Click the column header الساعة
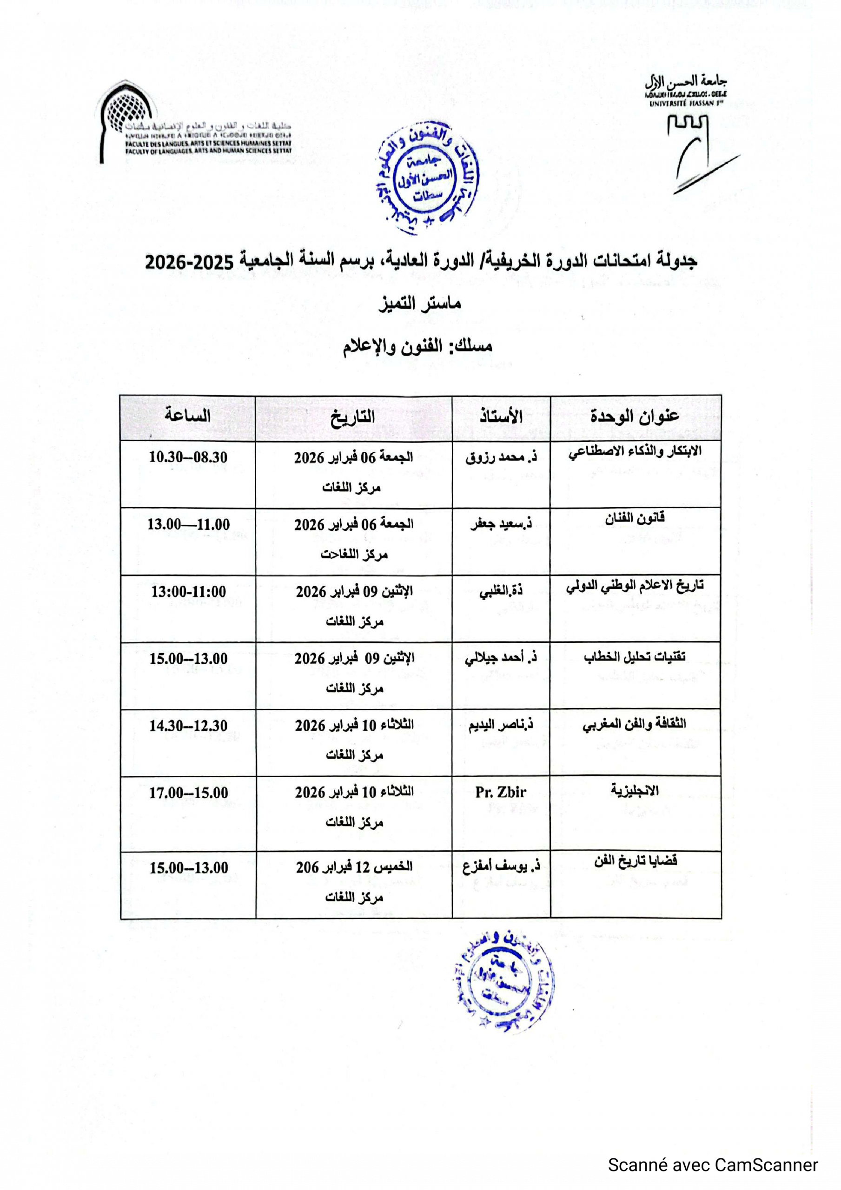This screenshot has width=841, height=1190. tap(188, 416)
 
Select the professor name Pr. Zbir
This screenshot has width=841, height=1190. tap(501, 793)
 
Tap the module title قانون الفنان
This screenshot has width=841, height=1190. tap(635, 517)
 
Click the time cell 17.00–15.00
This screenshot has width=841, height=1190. tap(189, 793)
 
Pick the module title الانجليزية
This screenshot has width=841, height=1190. tap(635, 791)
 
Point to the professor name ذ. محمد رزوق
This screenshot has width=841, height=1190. tap(501, 458)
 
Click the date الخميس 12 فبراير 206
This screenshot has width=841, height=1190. tap(354, 867)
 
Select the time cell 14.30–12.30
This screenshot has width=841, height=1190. tap(189, 726)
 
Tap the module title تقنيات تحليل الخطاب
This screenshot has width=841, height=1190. tap(635, 657)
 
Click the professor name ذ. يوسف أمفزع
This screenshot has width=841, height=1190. tap(501, 867)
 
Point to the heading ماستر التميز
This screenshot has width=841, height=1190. tap(419, 304)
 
